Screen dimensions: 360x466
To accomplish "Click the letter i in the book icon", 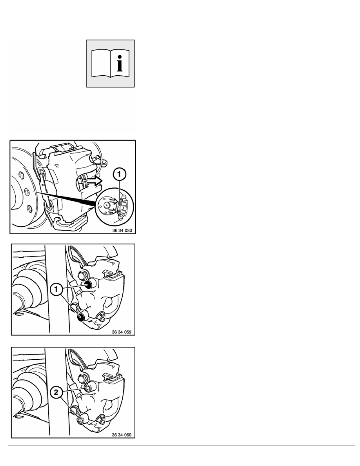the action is tap(119, 63).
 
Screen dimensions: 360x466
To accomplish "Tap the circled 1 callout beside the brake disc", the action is tap(119, 175).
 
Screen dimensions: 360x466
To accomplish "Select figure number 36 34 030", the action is tap(122, 230).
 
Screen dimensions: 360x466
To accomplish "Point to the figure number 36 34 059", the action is tap(122, 332).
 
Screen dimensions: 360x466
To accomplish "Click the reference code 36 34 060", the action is tap(122, 435).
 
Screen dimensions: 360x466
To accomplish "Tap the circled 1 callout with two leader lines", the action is tap(56, 289).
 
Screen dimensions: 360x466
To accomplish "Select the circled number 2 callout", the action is tap(56, 393).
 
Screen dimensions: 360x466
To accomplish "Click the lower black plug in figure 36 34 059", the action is tap(80, 317).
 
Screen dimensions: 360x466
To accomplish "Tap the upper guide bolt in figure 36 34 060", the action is tap(88, 388).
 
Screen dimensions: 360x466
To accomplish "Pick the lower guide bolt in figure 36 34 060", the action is tap(80, 420).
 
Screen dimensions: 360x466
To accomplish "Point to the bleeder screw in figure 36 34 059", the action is tap(101, 317).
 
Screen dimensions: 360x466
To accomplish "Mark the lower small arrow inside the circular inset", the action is tap(113, 211).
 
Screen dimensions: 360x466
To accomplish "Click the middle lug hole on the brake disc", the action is tap(26, 191).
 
